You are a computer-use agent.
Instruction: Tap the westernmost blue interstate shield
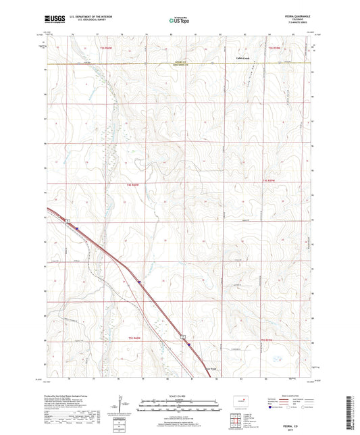tap(77, 228)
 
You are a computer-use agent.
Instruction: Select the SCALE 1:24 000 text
tap(180, 396)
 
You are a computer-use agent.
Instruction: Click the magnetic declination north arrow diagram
tap(120, 405)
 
